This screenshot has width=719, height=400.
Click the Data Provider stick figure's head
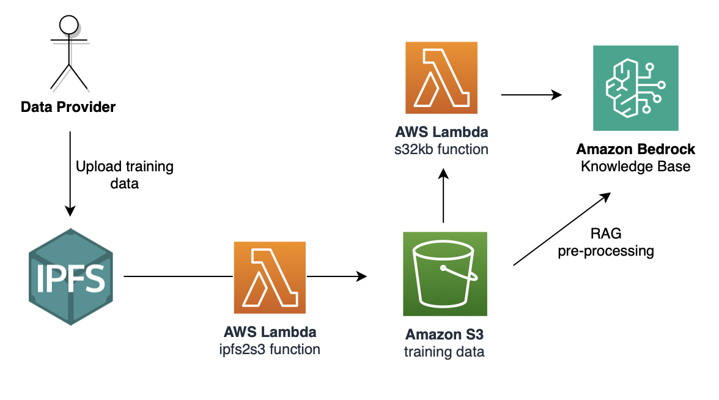coord(68,24)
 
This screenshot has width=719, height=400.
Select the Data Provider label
coord(68,108)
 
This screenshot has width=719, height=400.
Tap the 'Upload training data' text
coord(125,175)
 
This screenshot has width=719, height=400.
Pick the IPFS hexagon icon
coord(70,277)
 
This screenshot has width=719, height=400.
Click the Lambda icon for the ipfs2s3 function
coord(270,278)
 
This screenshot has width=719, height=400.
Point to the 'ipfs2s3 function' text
coord(270,350)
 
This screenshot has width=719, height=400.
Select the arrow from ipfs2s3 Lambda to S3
coord(336,277)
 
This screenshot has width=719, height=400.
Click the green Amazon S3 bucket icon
coord(444,273)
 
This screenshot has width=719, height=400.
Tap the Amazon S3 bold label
coord(444,335)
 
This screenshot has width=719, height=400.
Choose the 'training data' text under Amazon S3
coord(444,352)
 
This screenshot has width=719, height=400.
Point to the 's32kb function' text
coord(441,149)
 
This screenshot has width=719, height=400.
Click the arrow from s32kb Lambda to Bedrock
coord(531,94)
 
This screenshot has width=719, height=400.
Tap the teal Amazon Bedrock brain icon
coord(636,88)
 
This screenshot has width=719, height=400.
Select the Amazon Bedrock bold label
coord(636,150)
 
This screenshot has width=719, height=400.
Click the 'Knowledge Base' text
coord(636,166)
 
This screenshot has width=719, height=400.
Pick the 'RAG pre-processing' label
coord(605,242)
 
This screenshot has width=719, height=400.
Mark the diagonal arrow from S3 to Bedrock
coord(561,229)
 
